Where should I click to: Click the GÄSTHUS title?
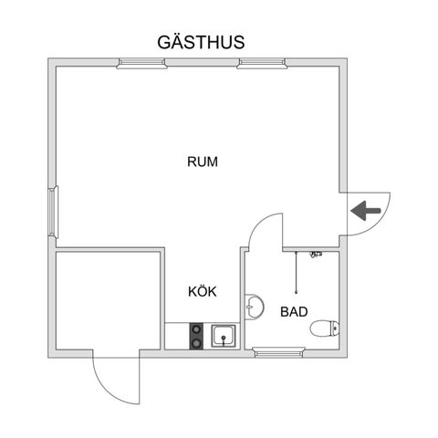(201, 42)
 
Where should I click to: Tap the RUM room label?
(203, 162)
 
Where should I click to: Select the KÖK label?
(203, 291)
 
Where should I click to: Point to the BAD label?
(294, 312)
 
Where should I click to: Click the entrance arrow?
(366, 211)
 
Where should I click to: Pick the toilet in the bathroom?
(325, 328)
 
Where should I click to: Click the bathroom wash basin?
(255, 307)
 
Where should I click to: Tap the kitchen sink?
(224, 336)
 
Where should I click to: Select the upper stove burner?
(196, 329)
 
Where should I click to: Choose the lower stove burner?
(196, 343)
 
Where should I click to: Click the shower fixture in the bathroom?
(316, 254)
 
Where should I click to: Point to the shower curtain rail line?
(296, 272)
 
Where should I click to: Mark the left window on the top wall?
(141, 63)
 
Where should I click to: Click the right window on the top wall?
(262, 63)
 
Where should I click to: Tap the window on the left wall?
(53, 212)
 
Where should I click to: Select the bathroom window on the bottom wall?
(280, 352)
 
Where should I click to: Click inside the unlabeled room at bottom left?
(108, 300)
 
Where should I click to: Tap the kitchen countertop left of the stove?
(177, 336)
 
